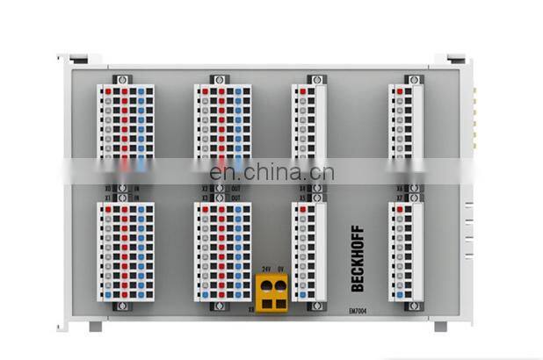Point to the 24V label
click(x=265, y=269)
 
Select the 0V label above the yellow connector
click(x=280, y=269)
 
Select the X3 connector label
click(x=205, y=198)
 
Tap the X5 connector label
click(x=303, y=198)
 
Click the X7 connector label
click(x=399, y=198)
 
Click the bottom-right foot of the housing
click(x=440, y=326)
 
